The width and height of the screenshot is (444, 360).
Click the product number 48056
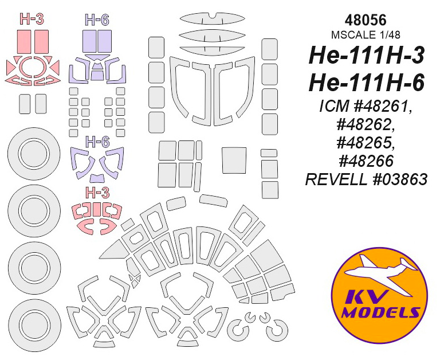click(366, 21)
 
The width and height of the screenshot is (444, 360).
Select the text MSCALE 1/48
click(366, 34)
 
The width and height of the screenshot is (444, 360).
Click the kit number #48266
click(366, 161)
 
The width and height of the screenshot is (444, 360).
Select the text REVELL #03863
click(366, 179)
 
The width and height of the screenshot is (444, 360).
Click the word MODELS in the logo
click(380, 313)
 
